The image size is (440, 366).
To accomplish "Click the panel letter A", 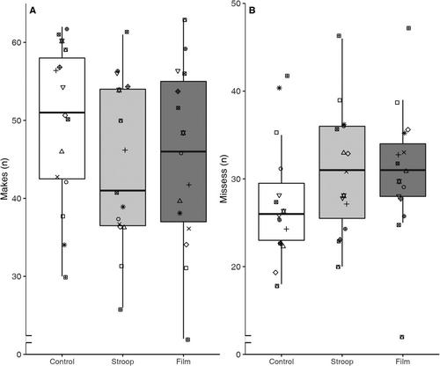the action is [33, 11].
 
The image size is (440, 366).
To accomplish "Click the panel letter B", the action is [252, 11].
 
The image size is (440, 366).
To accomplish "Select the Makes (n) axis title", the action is [4, 179].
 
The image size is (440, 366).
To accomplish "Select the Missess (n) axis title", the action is [224, 179].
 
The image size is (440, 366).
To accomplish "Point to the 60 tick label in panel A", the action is [17, 42].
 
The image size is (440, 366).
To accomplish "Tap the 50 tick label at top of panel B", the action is [236, 4].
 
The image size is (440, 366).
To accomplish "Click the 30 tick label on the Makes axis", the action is [17, 276].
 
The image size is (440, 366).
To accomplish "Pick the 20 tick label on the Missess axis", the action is [236, 267].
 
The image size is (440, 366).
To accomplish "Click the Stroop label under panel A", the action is [122, 362].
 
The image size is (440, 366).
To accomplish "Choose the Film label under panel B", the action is [403, 362].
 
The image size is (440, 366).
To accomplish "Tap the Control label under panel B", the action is [282, 362].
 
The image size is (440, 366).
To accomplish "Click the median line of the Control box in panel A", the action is [62, 113].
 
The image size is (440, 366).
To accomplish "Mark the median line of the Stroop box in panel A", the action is [123, 190].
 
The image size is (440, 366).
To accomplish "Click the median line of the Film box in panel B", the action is [403, 170].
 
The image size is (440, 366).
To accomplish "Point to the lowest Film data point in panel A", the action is [187, 340].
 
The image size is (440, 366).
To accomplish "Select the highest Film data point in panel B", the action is [408, 28].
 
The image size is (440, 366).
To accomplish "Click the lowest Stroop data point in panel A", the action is [121, 310].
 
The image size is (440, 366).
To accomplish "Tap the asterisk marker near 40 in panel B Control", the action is [279, 88].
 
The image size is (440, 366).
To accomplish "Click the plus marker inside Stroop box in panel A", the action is [125, 150].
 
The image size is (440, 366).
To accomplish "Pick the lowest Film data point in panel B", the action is [402, 337].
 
